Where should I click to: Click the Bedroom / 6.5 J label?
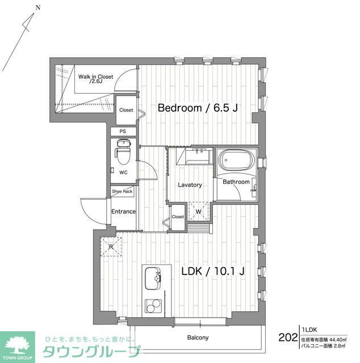pyautogui.click(x=196, y=108)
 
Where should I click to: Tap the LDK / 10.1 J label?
pyautogui.click(x=213, y=272)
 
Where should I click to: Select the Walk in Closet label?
pyautogui.click(x=95, y=78)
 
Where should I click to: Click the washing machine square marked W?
pyautogui.click(x=199, y=212)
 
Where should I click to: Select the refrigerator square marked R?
pyautogui.click(x=111, y=246)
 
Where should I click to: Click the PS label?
pyautogui.click(x=123, y=132)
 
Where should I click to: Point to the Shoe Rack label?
pyautogui.click(x=122, y=192)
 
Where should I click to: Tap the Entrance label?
pyautogui.click(x=123, y=212)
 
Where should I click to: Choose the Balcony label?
pyautogui.click(x=198, y=337)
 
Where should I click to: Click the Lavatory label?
pyautogui.click(x=190, y=185)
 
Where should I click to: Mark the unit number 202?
pyautogui.click(x=288, y=337)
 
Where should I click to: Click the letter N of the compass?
pyautogui.click(x=37, y=8)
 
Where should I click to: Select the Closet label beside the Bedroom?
pyautogui.click(x=126, y=110)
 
